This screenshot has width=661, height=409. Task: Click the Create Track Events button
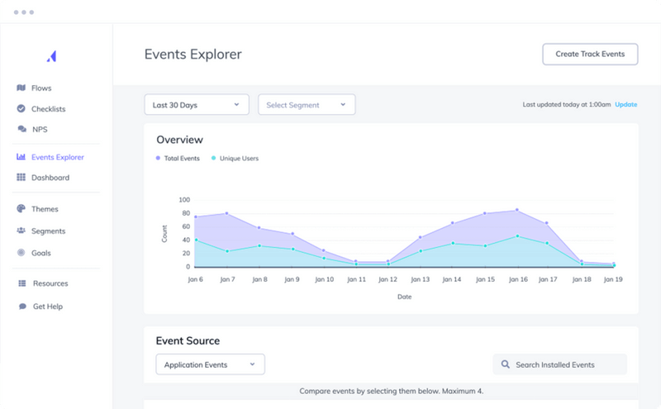pyautogui.click(x=590, y=55)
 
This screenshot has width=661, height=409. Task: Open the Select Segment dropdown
pyautogui.click(x=307, y=105)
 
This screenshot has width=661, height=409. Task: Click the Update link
pyautogui.click(x=625, y=105)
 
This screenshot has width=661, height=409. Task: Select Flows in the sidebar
pyautogui.click(x=41, y=88)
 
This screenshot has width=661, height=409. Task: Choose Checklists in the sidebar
pyautogui.click(x=48, y=109)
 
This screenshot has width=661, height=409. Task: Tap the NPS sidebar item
pyautogui.click(x=39, y=129)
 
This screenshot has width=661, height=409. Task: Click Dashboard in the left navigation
pyautogui.click(x=50, y=178)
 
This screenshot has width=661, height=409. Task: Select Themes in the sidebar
pyautogui.click(x=45, y=209)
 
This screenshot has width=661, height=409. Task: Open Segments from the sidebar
pyautogui.click(x=48, y=231)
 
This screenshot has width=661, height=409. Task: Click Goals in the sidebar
pyautogui.click(x=40, y=253)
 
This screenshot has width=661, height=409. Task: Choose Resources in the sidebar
pyautogui.click(x=50, y=283)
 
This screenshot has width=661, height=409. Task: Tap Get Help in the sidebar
pyautogui.click(x=47, y=307)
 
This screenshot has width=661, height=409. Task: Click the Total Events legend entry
pyautogui.click(x=178, y=158)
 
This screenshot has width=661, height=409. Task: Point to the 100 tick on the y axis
pyautogui.click(x=183, y=200)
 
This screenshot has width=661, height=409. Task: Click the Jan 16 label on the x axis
pyautogui.click(x=518, y=280)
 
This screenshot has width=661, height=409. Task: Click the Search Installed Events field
pyautogui.click(x=560, y=364)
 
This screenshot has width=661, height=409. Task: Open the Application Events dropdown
pyautogui.click(x=210, y=364)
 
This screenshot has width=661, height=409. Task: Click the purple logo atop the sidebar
pyautogui.click(x=52, y=55)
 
